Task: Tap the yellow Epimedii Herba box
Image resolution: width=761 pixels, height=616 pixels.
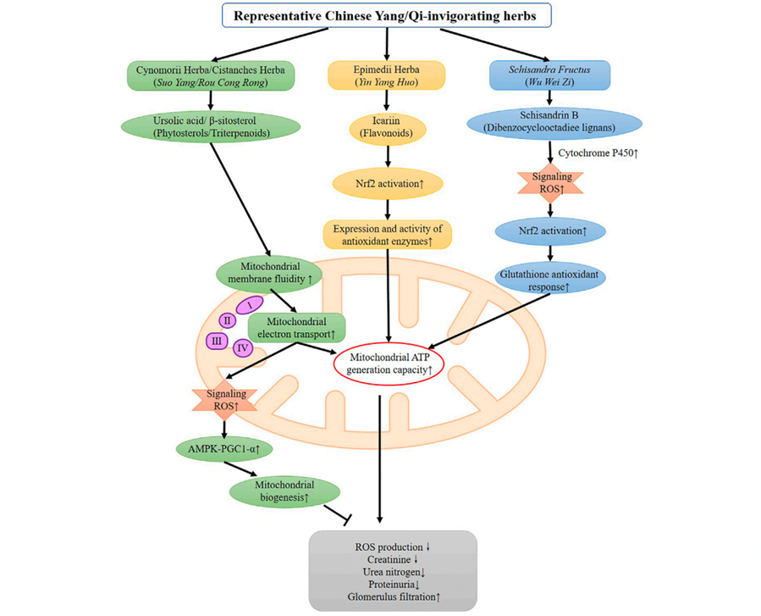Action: [x=386, y=75]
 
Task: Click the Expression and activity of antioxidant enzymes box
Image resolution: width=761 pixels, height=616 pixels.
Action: [x=387, y=235]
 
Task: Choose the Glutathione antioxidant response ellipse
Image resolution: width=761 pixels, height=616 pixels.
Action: [x=552, y=280]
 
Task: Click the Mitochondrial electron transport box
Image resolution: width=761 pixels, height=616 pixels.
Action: [x=296, y=327]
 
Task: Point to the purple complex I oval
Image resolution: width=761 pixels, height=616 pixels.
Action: [x=250, y=303]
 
